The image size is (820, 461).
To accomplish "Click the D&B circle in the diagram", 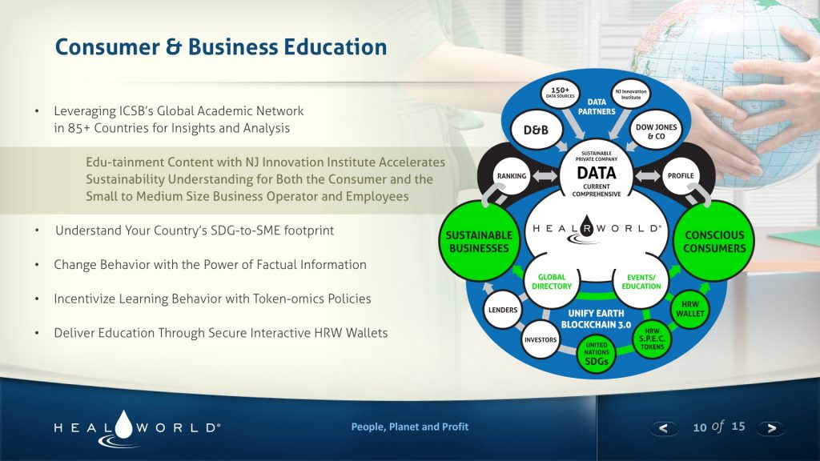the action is pos(536,130).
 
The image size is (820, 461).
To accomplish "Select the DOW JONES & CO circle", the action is pos(656,130).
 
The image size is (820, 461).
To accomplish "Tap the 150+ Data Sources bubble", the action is pos(560,93).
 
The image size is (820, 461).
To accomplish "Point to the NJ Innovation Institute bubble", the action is pos(631,94).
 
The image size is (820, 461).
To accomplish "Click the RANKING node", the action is pos(512,176).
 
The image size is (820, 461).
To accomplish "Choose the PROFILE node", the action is pos(681,176).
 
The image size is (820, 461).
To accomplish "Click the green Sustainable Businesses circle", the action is pos(479,242).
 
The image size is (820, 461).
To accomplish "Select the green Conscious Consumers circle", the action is pos(713,242).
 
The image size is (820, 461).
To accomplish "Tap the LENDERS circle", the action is pos(503,310).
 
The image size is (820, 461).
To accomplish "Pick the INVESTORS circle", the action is pos(541,339).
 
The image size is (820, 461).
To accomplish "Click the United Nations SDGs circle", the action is pos(596,354).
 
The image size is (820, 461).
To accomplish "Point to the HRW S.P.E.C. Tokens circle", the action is pos(652,339).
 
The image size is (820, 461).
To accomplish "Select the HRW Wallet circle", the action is pos(690,309).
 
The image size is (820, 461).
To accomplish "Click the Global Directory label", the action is pos(552,282).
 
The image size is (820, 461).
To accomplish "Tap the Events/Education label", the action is pos(641,282).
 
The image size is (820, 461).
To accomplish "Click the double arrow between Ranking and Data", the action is pos(545,175).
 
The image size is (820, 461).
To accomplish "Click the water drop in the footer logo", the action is pos(124,424).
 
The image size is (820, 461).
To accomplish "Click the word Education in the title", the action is pos(336,46).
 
